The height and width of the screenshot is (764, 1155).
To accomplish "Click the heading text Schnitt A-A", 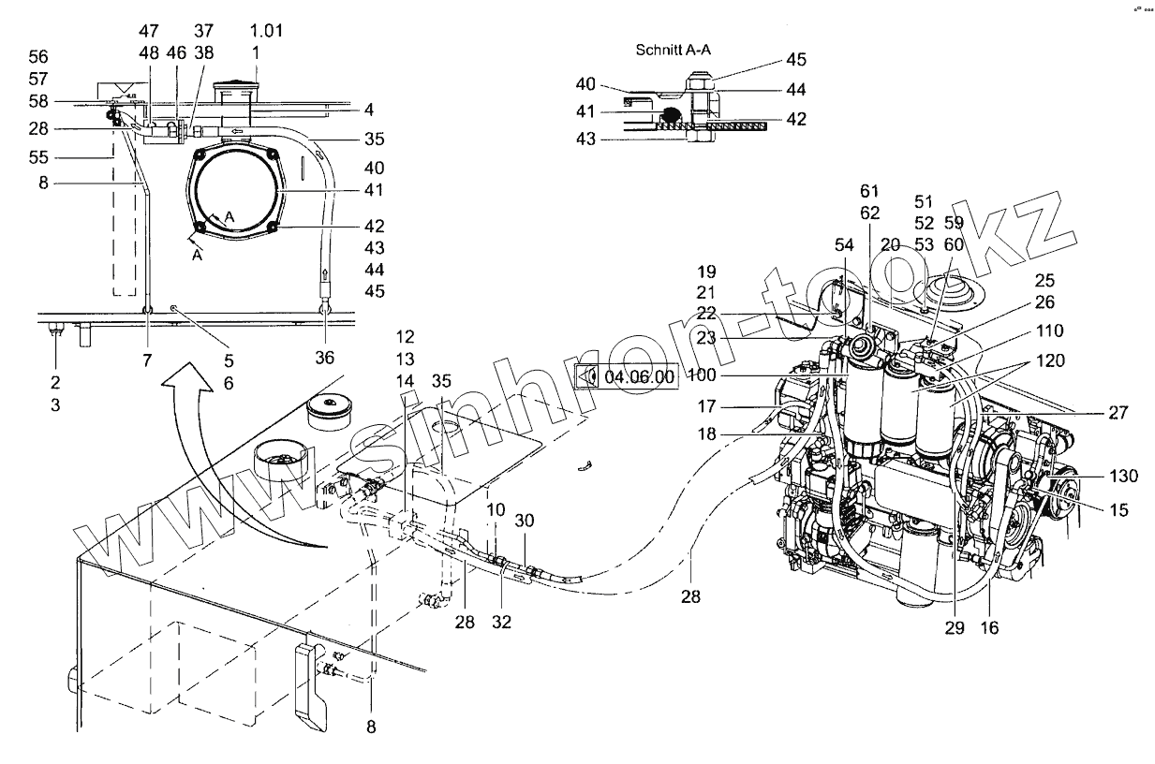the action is click(673, 50).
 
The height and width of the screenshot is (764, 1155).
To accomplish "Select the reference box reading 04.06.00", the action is click(627, 376).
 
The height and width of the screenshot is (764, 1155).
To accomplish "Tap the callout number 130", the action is click(1124, 476).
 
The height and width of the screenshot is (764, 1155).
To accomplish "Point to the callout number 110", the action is click(1050, 331).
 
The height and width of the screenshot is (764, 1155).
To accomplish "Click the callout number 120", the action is click(1050, 360).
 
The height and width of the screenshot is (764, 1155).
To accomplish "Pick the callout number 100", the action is click(702, 375).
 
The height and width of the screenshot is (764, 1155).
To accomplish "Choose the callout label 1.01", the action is click(267, 30).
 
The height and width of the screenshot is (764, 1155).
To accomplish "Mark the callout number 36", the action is click(325, 358).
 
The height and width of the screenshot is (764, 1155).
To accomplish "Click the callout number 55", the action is click(38, 157).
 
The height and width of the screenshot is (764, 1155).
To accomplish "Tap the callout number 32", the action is click(501, 623).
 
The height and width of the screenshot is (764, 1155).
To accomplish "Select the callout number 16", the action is click(989, 627).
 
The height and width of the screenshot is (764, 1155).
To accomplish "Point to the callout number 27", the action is click(1118, 412).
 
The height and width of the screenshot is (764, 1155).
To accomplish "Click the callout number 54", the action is click(844, 245).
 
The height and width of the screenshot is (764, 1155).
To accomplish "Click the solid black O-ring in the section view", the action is click(671, 115).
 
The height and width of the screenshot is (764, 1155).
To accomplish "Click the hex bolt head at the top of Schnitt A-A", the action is click(700, 82).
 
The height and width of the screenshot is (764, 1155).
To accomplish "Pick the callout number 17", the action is click(706, 406).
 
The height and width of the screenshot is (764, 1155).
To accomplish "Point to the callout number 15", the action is click(1118, 510).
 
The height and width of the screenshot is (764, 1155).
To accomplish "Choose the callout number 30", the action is click(525, 521).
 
